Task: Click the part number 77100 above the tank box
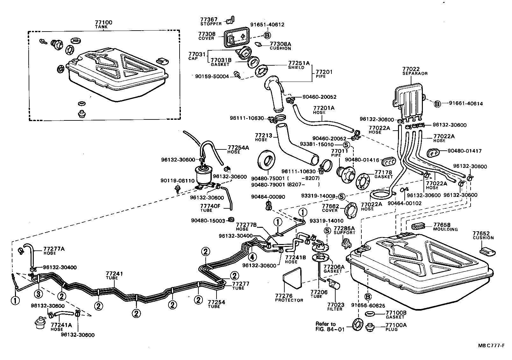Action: tap(103, 22)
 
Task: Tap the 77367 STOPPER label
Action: tap(211, 21)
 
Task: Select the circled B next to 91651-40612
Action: tap(267, 35)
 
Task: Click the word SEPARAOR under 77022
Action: tap(415, 74)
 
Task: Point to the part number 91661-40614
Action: tap(466, 103)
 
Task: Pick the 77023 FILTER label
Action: tap(336, 307)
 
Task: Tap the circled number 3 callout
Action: tap(39, 294)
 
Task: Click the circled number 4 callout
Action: tap(252, 257)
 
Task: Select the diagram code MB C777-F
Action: tap(491, 346)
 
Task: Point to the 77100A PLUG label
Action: tap(396, 327)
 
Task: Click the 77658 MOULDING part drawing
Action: tap(418, 226)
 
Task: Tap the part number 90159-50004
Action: tap(212, 76)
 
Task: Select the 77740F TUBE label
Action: tap(210, 208)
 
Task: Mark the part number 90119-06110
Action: tap(177, 181)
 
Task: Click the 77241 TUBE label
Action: tap(114, 276)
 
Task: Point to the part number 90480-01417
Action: tap(465, 151)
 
